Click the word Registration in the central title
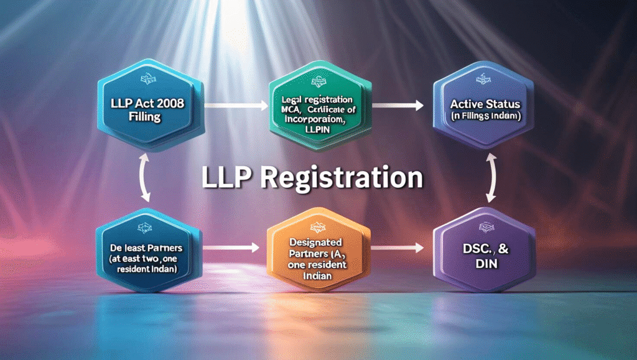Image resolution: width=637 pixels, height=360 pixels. pos(340,178)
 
